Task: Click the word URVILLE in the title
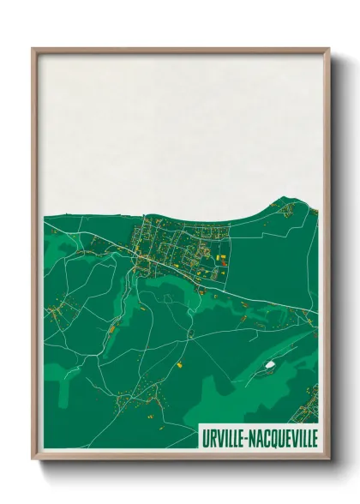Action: click(225, 437)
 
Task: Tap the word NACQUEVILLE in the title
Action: click(285, 437)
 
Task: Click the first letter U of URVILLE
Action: click(205, 437)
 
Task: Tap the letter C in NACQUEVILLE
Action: click(267, 437)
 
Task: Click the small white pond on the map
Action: click(270, 364)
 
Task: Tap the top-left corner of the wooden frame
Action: click(33, 49)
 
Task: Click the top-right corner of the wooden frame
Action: click(328, 49)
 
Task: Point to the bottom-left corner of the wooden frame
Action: click(33, 459)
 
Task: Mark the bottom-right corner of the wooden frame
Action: click(328, 459)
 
